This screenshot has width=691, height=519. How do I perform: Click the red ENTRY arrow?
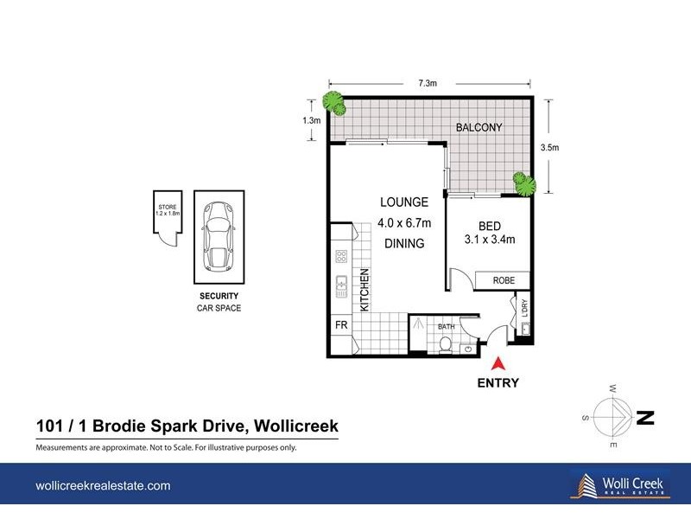498,365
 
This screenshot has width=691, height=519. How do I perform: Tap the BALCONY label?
479,128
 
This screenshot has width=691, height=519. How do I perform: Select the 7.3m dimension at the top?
427,84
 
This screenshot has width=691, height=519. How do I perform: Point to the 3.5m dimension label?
548,148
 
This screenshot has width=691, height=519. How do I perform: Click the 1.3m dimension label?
312,120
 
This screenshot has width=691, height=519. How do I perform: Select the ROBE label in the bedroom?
504,280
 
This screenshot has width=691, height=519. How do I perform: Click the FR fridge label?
341,325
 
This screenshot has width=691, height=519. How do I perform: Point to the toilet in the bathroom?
445,345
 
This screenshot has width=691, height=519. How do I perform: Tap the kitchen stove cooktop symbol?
341,257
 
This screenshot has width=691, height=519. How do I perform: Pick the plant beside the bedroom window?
523,183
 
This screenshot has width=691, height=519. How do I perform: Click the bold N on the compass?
644,419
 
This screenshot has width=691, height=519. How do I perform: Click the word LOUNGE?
403,202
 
